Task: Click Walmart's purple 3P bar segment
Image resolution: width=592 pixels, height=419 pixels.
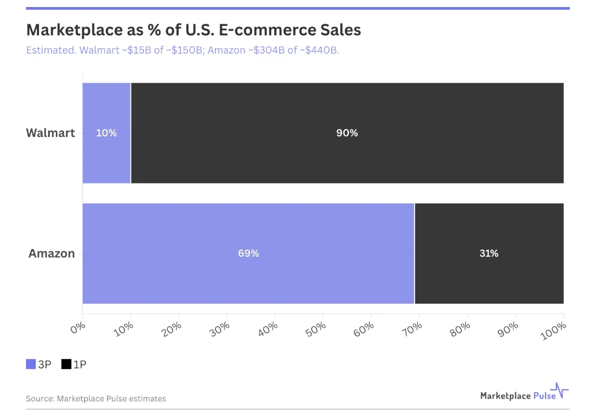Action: click(x=107, y=133)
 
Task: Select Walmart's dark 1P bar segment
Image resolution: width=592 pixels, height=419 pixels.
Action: click(x=347, y=133)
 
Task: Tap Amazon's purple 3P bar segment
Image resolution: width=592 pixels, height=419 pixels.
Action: click(x=248, y=253)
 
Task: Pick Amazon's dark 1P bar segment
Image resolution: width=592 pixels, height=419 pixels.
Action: click(x=489, y=253)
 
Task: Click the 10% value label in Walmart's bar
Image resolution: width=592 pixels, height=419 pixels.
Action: click(x=107, y=133)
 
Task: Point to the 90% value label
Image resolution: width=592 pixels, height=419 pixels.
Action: click(x=347, y=133)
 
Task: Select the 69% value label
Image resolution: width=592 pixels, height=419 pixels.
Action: click(x=248, y=253)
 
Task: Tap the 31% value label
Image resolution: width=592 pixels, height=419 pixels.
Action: click(x=489, y=253)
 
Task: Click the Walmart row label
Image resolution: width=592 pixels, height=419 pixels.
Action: click(x=50, y=133)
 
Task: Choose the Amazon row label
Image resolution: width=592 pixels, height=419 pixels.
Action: click(x=52, y=253)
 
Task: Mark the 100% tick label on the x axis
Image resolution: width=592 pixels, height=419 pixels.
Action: click(x=554, y=331)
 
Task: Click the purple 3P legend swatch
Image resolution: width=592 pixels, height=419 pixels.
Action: click(x=31, y=364)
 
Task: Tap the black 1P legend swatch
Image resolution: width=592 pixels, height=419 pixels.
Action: click(x=67, y=364)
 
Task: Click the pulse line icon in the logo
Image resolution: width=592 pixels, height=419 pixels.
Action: click(x=560, y=390)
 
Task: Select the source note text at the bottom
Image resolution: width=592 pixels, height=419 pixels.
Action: click(x=96, y=398)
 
